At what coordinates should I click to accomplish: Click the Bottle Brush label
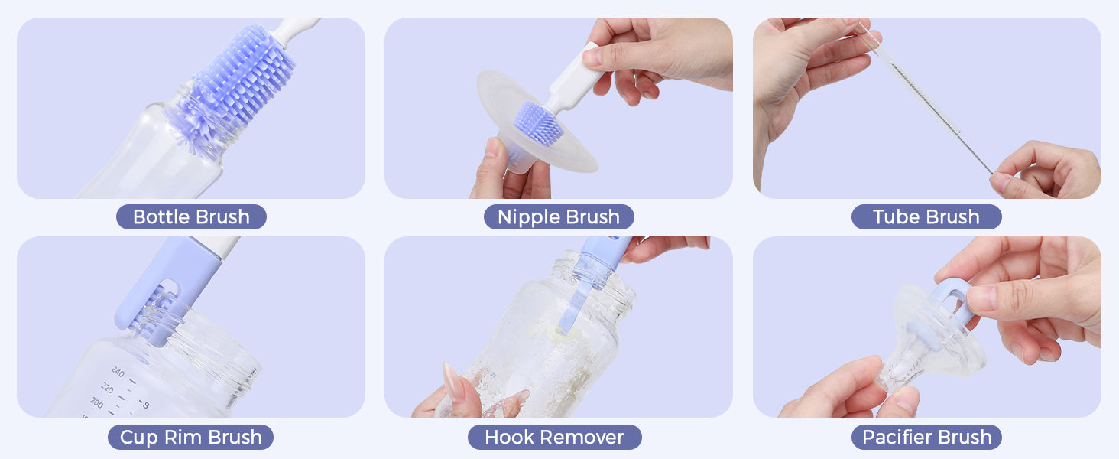[x=191, y=217]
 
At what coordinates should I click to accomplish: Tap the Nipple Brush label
[x=559, y=217]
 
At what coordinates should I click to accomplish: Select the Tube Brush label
[x=926, y=217]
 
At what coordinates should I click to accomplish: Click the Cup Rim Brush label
[x=191, y=437]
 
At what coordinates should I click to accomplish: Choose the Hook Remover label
[x=554, y=437]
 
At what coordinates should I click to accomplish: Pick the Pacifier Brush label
[x=926, y=437]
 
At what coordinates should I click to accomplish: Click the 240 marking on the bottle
[x=118, y=372]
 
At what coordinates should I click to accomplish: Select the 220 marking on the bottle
[x=108, y=387]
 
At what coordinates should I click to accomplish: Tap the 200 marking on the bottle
[x=97, y=402]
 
